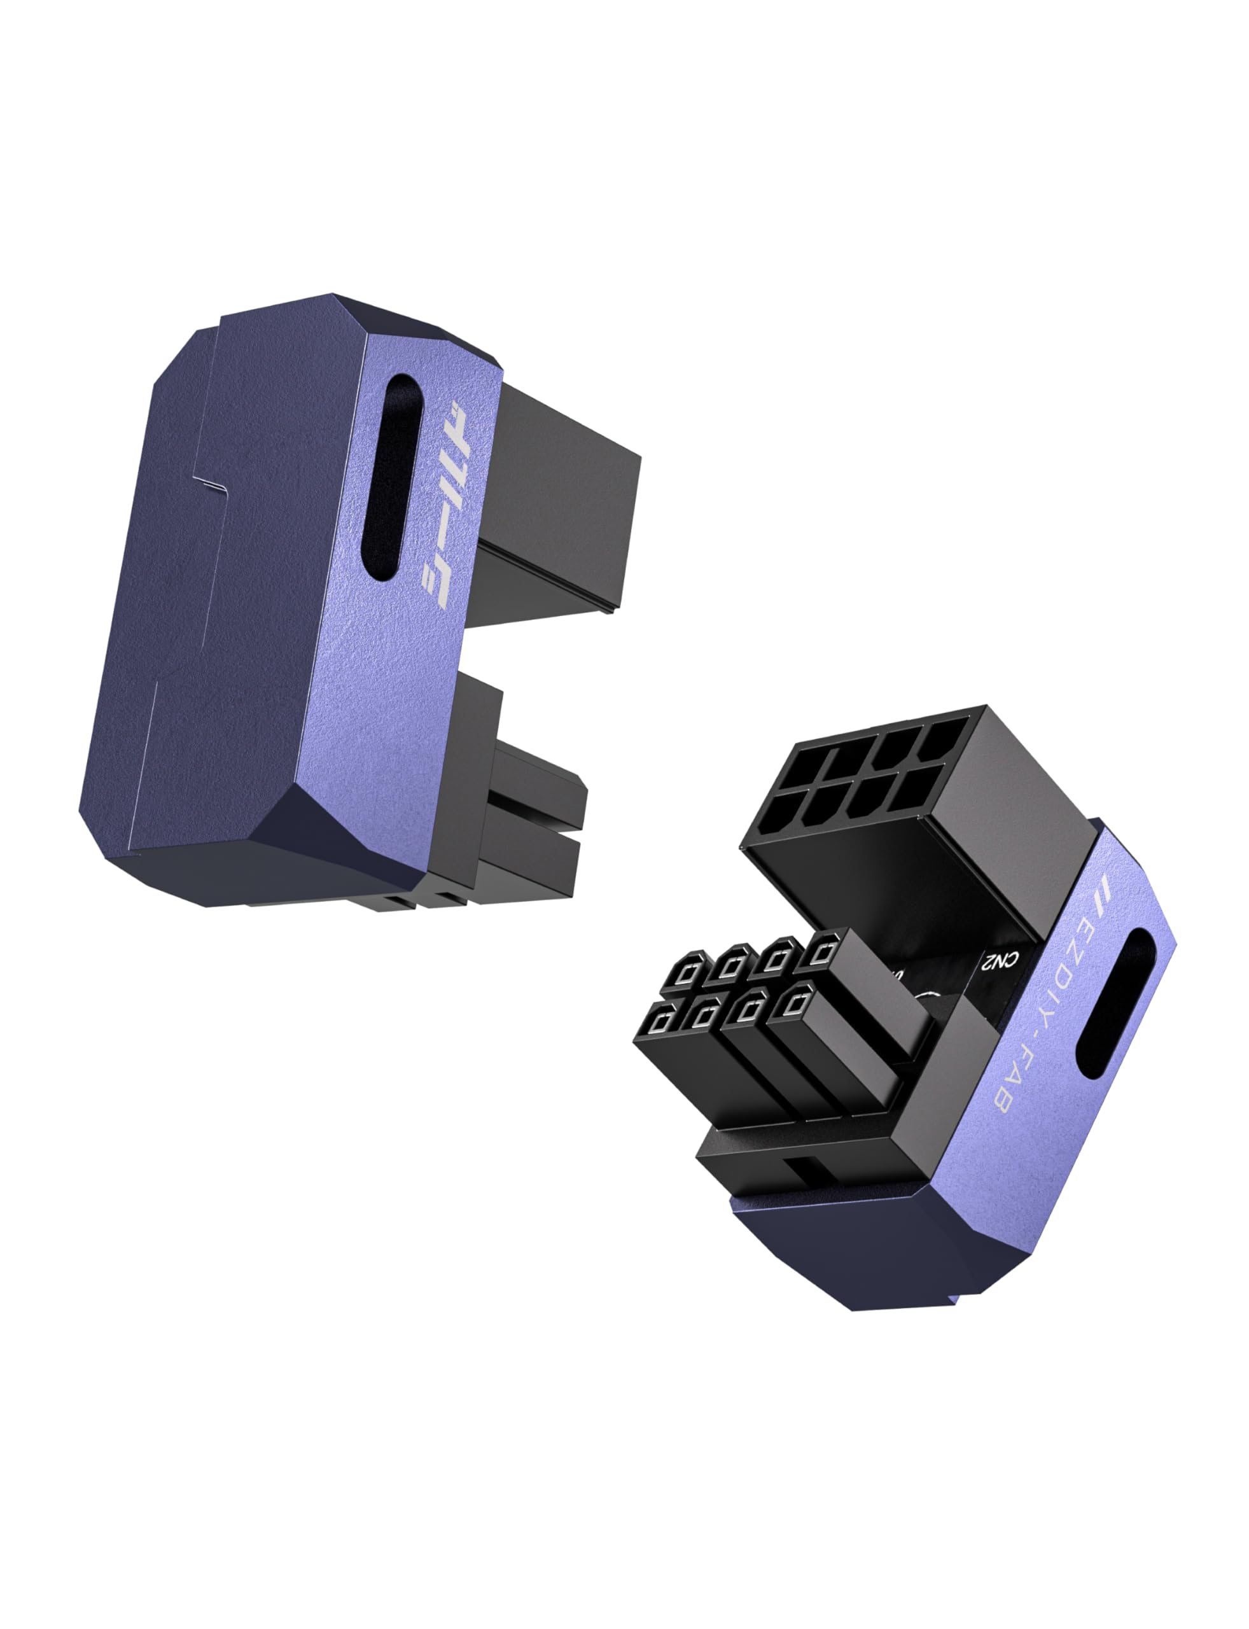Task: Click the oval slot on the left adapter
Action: point(392,476)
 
